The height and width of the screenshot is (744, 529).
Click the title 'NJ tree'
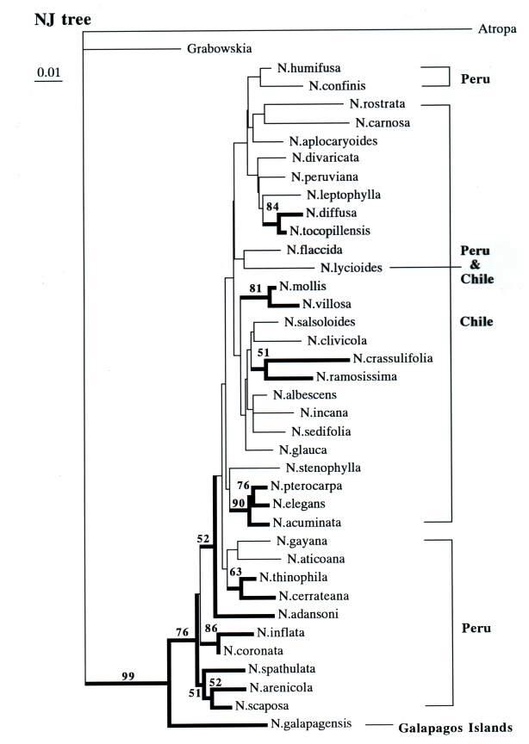(62, 20)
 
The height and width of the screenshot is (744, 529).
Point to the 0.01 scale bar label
(48, 72)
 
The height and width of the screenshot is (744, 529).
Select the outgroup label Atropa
(497, 29)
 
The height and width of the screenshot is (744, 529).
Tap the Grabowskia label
(219, 48)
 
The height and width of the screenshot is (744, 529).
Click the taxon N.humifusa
(308, 68)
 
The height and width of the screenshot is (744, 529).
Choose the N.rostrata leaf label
(377, 104)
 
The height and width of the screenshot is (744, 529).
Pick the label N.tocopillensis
(330, 231)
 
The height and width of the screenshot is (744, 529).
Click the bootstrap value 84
(272, 207)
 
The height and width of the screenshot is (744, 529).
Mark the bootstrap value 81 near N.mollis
(256, 288)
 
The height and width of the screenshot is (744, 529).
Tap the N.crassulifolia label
(393, 358)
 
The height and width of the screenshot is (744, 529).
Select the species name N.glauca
(302, 450)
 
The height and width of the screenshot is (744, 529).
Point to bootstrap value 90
(239, 503)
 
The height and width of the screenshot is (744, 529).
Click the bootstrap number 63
(235, 572)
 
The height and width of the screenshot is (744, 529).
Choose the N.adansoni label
(308, 615)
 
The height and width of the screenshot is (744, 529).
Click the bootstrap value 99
(128, 676)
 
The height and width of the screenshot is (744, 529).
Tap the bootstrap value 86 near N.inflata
(211, 629)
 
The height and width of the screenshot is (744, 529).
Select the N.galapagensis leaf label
(311, 723)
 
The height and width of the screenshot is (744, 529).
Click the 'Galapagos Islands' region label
(455, 728)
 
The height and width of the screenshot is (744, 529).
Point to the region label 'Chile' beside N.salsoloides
(476, 322)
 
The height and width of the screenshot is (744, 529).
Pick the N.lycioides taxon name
(351, 268)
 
